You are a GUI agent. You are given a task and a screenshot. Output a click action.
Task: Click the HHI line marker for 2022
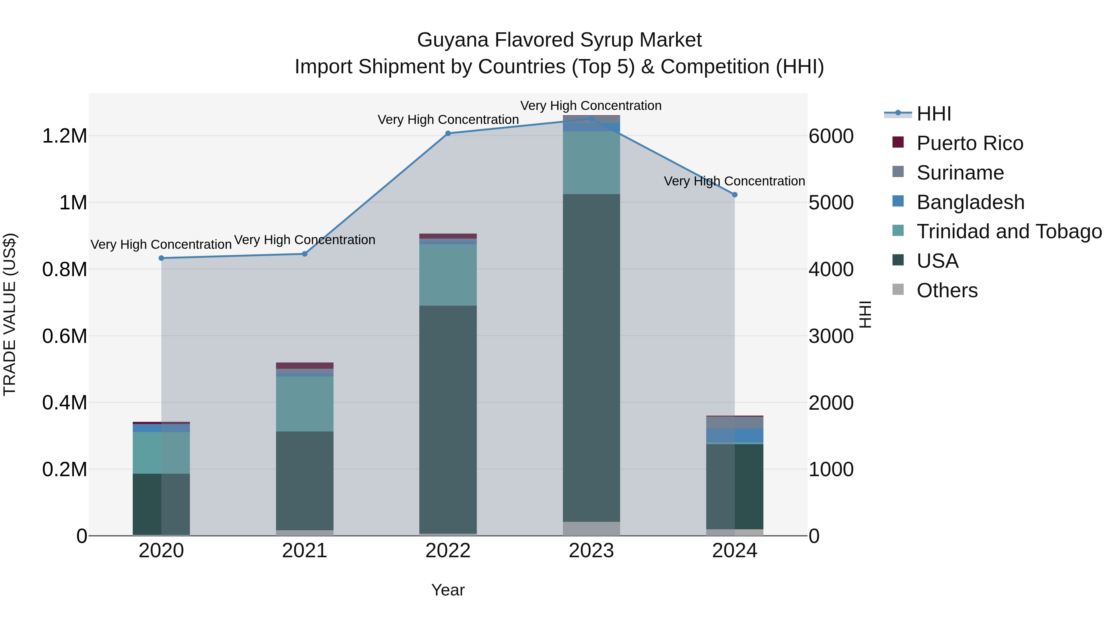tap(448, 133)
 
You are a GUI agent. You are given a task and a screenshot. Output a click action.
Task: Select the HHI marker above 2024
tap(734, 194)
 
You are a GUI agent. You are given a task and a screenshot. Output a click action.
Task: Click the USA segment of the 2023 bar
tap(591, 358)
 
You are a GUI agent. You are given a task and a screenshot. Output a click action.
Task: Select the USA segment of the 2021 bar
tap(305, 480)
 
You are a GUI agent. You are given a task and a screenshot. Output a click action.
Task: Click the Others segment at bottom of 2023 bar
tap(591, 528)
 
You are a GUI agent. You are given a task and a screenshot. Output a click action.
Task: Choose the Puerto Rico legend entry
tap(969, 143)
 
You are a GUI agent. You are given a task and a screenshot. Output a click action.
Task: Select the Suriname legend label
tap(960, 173)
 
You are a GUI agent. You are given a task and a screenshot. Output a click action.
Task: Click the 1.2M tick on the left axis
tap(64, 136)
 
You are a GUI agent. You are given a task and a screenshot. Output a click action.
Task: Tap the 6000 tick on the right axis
tap(831, 136)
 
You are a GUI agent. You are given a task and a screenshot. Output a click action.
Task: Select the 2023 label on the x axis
tap(591, 551)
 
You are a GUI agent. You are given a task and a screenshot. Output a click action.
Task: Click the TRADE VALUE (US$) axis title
tap(10, 314)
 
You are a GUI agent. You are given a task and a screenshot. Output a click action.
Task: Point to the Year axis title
tap(448, 590)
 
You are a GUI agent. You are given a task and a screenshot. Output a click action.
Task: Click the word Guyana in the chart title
tap(453, 40)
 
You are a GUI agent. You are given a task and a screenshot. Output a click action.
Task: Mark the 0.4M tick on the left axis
tap(64, 402)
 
